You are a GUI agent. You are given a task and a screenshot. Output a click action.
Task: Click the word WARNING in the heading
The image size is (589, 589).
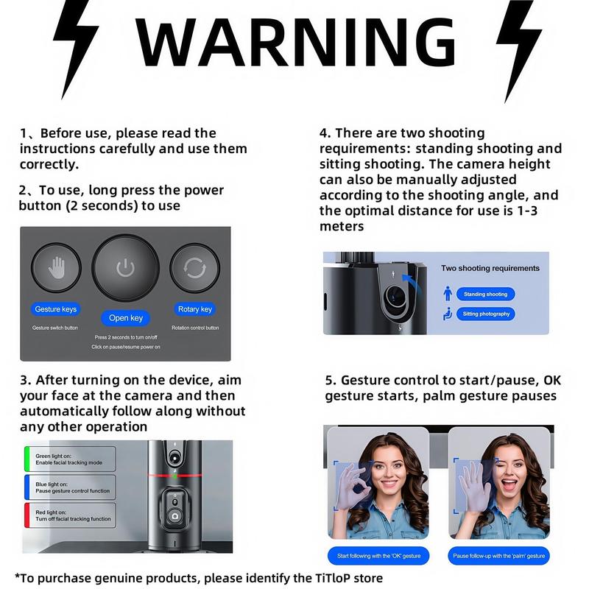[296, 43]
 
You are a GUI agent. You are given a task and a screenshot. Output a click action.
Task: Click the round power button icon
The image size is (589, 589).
[125, 267]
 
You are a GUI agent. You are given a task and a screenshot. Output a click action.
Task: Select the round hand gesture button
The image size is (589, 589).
[56, 267]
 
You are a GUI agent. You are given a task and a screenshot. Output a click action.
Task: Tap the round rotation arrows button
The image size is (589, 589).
[194, 268]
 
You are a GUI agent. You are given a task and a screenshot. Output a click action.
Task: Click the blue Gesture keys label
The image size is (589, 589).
[56, 309]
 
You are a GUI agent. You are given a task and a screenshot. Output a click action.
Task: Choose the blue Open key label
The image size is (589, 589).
[126, 318]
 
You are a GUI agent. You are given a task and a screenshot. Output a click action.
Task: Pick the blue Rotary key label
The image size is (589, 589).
[194, 309]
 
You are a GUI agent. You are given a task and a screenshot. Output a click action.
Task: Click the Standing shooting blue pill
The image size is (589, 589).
[485, 294]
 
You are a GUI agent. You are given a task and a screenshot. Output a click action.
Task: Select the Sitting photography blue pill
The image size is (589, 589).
[486, 314]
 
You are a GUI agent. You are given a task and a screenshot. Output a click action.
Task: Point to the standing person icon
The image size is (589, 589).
[448, 293]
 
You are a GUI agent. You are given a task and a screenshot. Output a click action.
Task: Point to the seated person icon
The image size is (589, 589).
[447, 314]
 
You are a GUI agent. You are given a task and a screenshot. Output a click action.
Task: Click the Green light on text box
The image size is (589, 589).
[70, 459]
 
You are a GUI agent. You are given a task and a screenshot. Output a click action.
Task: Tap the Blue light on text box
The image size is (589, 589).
[70, 487]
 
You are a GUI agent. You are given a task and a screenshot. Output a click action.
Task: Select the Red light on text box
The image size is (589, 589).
[70, 515]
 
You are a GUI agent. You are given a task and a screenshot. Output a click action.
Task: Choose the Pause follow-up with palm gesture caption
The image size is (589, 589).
[499, 556]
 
